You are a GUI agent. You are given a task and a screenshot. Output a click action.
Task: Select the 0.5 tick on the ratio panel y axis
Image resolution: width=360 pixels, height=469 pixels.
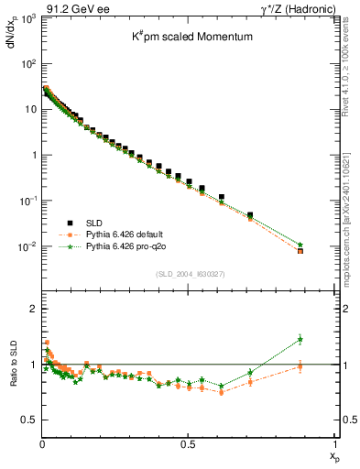pos(28,420)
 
